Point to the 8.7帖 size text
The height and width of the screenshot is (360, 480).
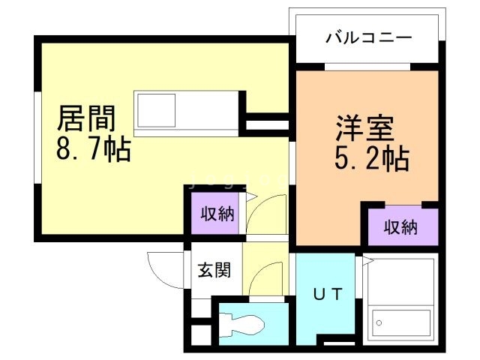pos(93,149)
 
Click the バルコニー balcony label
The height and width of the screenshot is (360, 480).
pos(368,37)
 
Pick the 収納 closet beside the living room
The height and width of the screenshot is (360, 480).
pos(217,214)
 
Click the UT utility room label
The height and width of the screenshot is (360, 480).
pos(328,295)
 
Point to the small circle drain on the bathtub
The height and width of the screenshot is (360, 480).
pos(379,323)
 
